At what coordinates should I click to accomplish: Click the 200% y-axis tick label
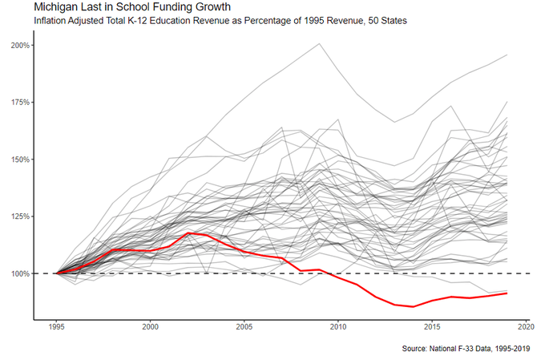[x=20, y=45]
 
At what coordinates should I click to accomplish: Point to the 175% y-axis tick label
[x=20, y=103]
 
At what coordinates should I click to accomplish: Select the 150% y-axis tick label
[x=20, y=160]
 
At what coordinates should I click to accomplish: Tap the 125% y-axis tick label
[x=20, y=216]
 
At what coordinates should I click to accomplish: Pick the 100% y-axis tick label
[x=20, y=273]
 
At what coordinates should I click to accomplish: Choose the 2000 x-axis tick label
[x=149, y=327]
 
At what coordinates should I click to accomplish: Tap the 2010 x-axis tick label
[x=338, y=327]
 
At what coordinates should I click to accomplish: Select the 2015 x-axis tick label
[x=433, y=327]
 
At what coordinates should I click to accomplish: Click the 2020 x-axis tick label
[x=527, y=327]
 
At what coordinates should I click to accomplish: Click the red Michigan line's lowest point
[x=414, y=306]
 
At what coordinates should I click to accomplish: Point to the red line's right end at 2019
[x=507, y=293]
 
